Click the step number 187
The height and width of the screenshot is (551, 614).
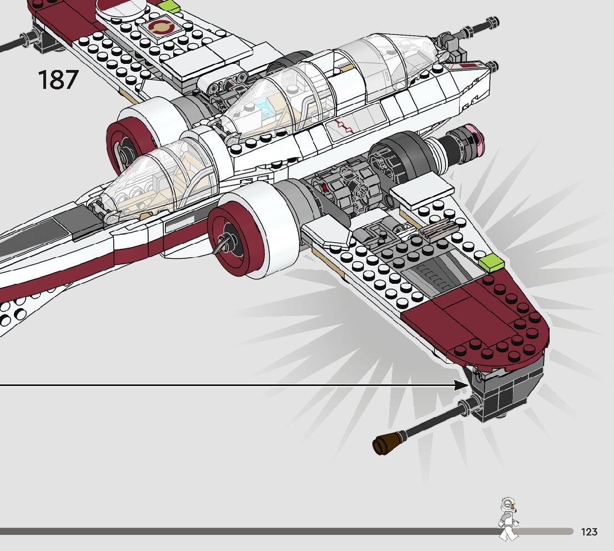click(58, 80)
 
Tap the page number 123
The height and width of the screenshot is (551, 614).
click(589, 532)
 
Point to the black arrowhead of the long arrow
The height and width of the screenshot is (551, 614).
click(462, 385)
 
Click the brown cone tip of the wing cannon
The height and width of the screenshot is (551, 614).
click(382, 444)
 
